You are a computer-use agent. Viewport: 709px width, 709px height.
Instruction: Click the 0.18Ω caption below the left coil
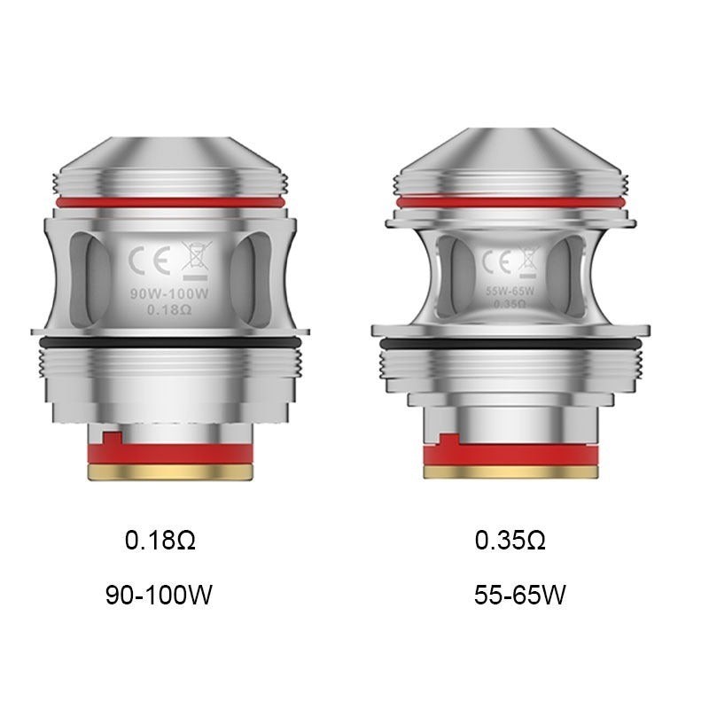tap(160, 541)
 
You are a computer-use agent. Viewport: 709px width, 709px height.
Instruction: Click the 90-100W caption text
tap(159, 595)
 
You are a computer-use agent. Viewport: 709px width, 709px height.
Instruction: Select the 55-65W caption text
tap(520, 595)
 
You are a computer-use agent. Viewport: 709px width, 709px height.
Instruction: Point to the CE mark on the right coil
tap(494, 262)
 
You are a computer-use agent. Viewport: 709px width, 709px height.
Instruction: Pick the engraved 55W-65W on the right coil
tap(510, 290)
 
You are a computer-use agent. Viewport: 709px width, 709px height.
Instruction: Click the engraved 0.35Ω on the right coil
tap(510, 304)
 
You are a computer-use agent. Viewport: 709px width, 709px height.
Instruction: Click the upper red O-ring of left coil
tap(168, 203)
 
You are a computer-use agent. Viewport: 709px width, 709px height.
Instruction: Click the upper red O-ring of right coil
tap(517, 203)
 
